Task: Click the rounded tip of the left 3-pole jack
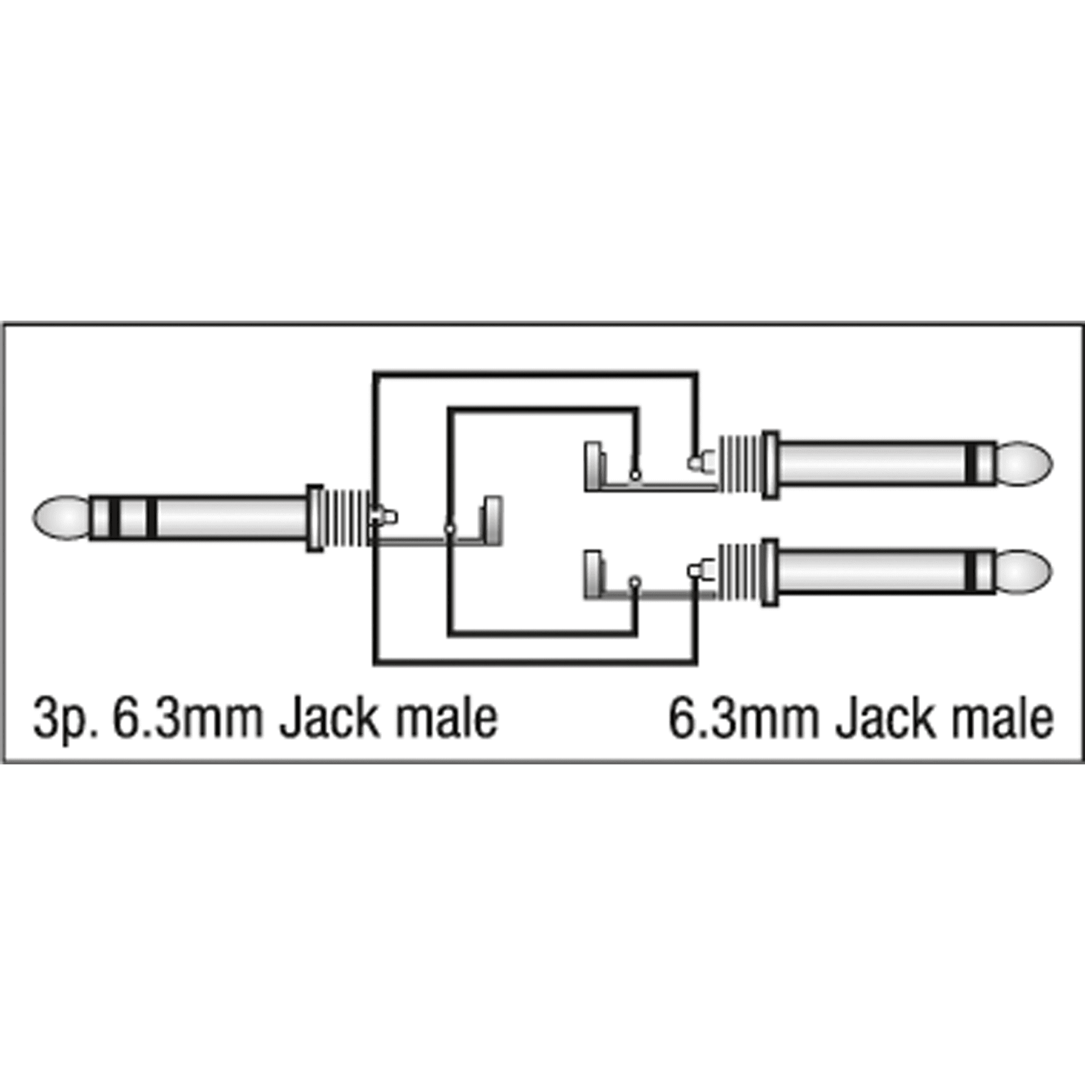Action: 61,518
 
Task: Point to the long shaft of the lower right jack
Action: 873,572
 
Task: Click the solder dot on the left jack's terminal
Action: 449,528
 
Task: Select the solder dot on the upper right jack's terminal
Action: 635,475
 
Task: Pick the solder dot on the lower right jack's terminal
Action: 635,581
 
